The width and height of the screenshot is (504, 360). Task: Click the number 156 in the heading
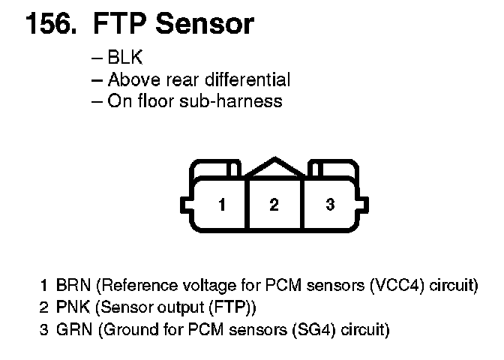pyautogui.click(x=51, y=24)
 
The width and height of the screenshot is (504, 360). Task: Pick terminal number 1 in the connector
pyautogui.click(x=222, y=204)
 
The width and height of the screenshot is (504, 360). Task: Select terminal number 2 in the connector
pyautogui.click(x=274, y=204)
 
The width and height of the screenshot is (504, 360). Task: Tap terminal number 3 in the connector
pyautogui.click(x=330, y=204)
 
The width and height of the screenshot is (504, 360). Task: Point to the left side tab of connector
pyautogui.click(x=185, y=205)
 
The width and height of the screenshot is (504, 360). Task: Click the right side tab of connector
pyautogui.click(x=364, y=205)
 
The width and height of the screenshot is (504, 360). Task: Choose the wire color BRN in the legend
pyautogui.click(x=73, y=285)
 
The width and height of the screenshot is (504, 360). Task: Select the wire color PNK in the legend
pyautogui.click(x=72, y=307)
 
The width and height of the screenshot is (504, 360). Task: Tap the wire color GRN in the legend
pyautogui.click(x=73, y=328)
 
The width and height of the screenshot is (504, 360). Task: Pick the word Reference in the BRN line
pyautogui.click(x=136, y=285)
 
